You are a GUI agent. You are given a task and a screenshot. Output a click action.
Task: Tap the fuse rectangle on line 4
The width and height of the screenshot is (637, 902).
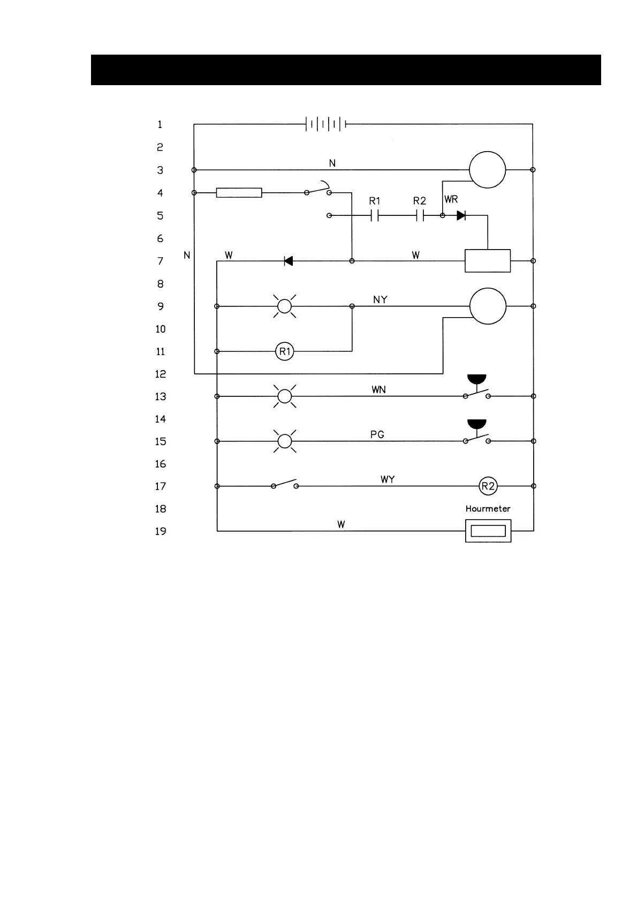coord(239,193)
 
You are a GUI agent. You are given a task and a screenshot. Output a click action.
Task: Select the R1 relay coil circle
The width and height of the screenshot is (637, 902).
coord(285,351)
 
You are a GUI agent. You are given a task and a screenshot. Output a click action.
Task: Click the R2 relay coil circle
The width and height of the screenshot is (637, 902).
coord(488,486)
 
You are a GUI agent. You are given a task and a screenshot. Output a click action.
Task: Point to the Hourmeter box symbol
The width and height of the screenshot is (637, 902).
coord(488,531)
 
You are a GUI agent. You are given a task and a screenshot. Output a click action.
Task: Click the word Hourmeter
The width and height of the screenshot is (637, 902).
coord(488,509)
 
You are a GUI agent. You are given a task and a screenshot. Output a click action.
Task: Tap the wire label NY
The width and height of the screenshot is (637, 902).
coord(380,299)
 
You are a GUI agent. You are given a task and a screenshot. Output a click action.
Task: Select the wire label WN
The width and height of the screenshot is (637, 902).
coord(378,390)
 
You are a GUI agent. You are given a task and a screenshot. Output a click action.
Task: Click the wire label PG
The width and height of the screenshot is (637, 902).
coord(377,434)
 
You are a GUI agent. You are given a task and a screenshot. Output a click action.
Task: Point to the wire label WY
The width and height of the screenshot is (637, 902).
coord(388,479)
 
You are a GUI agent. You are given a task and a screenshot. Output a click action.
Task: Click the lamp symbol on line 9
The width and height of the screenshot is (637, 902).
coord(285,306)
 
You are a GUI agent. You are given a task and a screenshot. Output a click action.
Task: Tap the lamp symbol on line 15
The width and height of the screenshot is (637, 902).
coord(285,441)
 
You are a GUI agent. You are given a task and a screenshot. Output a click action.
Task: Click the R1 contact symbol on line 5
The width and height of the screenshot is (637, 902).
coord(375,215)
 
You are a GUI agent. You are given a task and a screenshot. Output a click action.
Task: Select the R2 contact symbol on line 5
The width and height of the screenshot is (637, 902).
coord(420,215)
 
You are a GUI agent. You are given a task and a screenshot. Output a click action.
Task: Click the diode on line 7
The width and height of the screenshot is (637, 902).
coord(288,261)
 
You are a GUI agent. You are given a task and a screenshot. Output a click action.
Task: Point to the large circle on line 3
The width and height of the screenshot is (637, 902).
coord(487,170)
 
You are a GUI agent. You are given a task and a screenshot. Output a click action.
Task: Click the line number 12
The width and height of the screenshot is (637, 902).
coord(161,374)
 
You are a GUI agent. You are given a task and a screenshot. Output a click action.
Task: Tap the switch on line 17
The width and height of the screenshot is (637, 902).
coord(285,484)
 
